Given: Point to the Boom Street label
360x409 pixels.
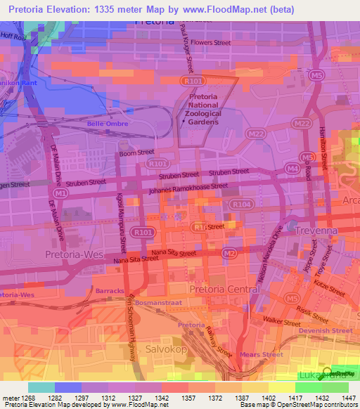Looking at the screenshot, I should tap(136, 152).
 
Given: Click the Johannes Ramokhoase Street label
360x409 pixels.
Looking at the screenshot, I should tap(188, 189).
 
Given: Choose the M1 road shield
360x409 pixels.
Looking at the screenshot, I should tap(61, 192).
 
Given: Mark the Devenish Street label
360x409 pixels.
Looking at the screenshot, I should tap(325, 330).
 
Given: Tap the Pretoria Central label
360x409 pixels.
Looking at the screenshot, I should tap(219, 289).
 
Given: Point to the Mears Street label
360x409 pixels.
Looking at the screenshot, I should tap(262, 355).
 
